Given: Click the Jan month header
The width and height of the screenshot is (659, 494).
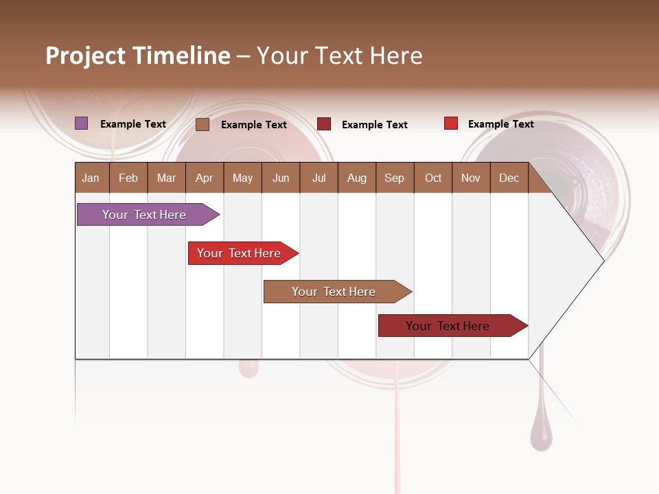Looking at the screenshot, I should click(x=91, y=178).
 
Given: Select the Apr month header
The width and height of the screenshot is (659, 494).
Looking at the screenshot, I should click(x=204, y=178).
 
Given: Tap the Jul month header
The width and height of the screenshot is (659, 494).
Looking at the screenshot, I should click(x=319, y=178).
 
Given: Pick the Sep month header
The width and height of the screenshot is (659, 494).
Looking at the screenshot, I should click(x=394, y=178).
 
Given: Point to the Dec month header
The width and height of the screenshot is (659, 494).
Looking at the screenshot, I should click(x=509, y=178).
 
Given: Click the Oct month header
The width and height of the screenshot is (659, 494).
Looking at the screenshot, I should click(x=433, y=178).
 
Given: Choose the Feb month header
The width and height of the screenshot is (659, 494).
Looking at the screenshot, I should click(x=128, y=178).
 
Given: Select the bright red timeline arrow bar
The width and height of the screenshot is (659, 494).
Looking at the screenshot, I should click(x=240, y=253).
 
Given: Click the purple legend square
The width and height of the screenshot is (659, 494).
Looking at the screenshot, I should click(x=81, y=123).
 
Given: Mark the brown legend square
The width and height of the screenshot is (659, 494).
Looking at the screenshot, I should click(x=203, y=124).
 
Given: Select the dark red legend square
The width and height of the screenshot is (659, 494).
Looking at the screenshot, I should click(x=324, y=124).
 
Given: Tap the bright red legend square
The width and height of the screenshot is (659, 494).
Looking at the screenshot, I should click(x=450, y=123).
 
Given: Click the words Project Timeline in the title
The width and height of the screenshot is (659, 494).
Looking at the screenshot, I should click(x=137, y=56).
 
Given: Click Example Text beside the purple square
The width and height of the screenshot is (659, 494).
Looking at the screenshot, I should click(x=133, y=124).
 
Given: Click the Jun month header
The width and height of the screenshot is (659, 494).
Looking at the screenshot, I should click(x=281, y=178).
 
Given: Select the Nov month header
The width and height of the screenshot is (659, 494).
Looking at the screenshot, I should click(x=471, y=178).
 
